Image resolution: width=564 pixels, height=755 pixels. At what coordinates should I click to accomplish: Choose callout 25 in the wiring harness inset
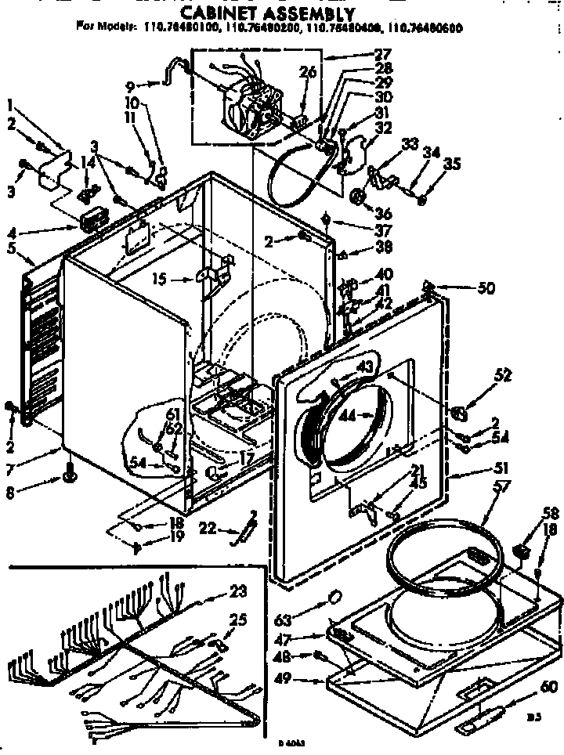tap(237, 620)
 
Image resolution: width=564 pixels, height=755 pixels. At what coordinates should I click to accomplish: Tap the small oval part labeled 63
tap(334, 598)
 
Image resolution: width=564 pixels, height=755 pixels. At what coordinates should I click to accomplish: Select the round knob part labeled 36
tap(359, 196)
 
